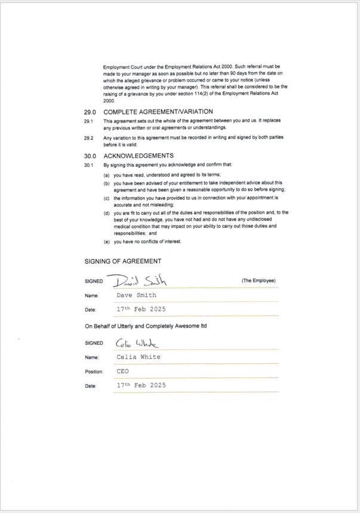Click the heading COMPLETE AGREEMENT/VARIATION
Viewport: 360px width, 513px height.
coord(158,112)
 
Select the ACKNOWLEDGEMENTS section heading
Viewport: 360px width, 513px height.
coord(139,156)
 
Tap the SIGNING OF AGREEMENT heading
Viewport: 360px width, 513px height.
coord(122,261)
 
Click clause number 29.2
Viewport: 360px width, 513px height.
coord(88,137)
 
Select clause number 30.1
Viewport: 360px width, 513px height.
coord(88,164)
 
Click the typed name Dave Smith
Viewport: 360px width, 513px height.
coord(137,295)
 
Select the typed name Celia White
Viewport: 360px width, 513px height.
coord(139,357)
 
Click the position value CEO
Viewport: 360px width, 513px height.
coord(122,371)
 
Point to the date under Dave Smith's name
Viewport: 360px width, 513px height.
coord(141,310)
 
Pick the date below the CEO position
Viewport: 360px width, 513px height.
coord(141,385)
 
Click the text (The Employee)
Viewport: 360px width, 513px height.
coord(259,280)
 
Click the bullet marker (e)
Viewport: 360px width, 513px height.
coord(106,242)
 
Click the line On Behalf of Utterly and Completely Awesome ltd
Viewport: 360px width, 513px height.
coord(146,326)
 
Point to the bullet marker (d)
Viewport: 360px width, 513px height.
coord(106,212)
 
